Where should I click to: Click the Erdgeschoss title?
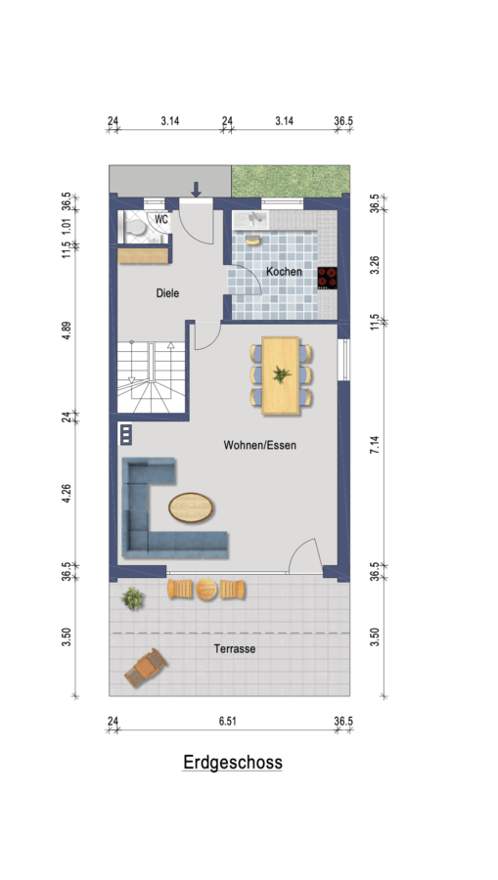tap(233, 762)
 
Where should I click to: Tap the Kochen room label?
tap(284, 272)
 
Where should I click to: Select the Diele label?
tap(167, 293)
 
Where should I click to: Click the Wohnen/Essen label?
tap(260, 445)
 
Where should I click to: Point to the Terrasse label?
tap(235, 649)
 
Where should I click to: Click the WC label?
tap(161, 219)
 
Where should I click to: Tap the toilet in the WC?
tap(134, 227)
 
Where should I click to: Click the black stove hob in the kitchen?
tap(327, 278)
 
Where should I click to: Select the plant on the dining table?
tap(281, 374)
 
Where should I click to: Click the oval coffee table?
tap(191, 507)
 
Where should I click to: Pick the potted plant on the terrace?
tap(132, 598)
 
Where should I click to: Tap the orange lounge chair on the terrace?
tap(146, 667)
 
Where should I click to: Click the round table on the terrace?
tap(206, 590)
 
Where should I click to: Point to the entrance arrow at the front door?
tap(196, 190)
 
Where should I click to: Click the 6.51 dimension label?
tap(227, 722)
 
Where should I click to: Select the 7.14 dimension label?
tap(375, 445)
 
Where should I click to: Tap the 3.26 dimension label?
tap(375, 264)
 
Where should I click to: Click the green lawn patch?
tap(291, 181)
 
